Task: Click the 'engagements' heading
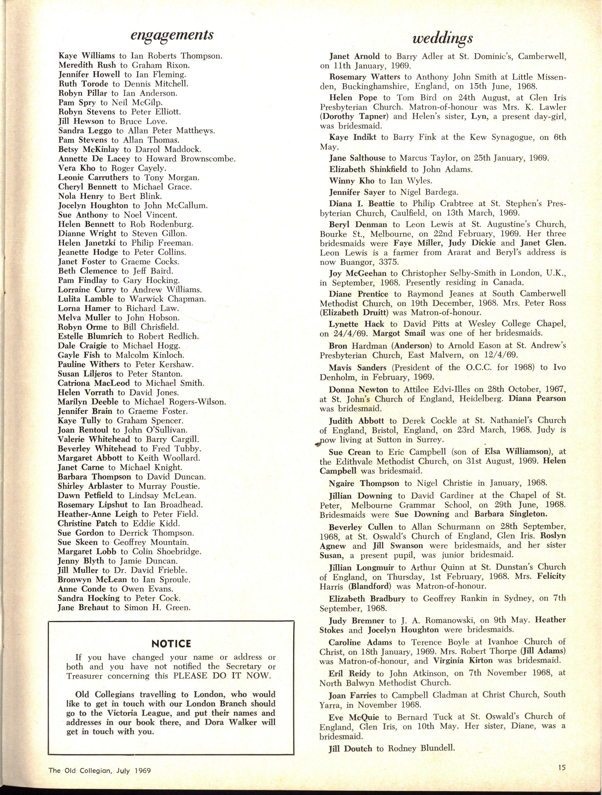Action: click(172, 35)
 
